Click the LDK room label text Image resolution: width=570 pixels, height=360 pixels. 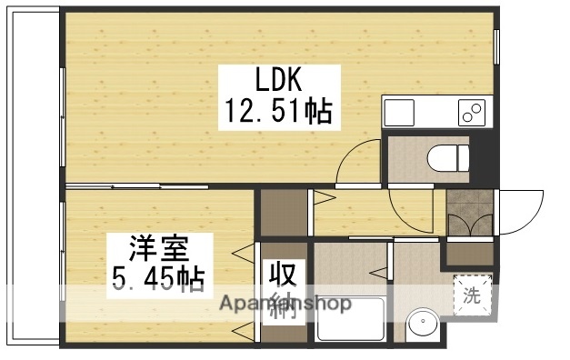[279, 80]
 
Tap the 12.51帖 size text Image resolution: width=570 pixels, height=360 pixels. [278, 113]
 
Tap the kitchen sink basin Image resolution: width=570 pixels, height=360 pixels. [400, 113]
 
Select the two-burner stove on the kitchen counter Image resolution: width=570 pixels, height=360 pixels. [471, 113]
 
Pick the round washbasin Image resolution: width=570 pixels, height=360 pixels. [419, 324]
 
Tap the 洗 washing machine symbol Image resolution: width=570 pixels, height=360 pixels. [472, 295]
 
